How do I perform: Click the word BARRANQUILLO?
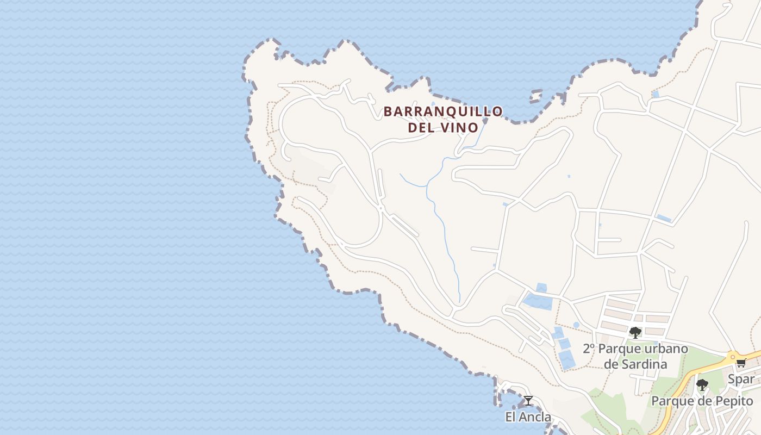(x=443, y=111)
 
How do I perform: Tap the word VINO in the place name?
(x=461, y=128)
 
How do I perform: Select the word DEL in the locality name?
(x=422, y=128)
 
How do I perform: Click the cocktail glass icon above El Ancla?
(x=528, y=401)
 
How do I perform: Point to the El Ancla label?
(x=528, y=418)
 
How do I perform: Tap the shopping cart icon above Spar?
(x=740, y=363)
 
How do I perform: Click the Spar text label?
(x=741, y=379)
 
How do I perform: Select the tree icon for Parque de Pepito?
(x=702, y=385)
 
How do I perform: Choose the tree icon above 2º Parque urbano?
(x=635, y=332)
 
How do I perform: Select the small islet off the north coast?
(x=535, y=97)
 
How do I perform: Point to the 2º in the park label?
(x=589, y=349)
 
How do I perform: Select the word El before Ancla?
(x=511, y=418)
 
